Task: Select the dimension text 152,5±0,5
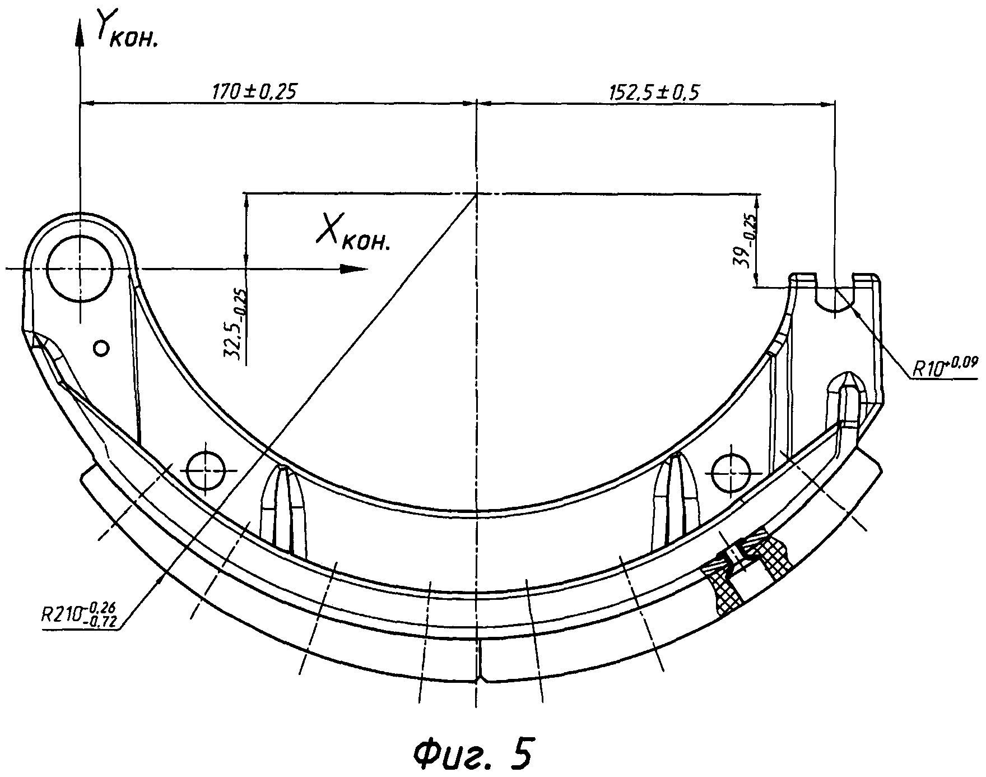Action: coord(654,91)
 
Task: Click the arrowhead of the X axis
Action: coord(353,269)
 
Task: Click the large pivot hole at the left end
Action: coord(80,269)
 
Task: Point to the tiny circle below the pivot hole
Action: coord(101,349)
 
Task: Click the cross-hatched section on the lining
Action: coord(751,572)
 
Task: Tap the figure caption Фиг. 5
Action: coord(473,751)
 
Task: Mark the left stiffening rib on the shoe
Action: coord(285,507)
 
